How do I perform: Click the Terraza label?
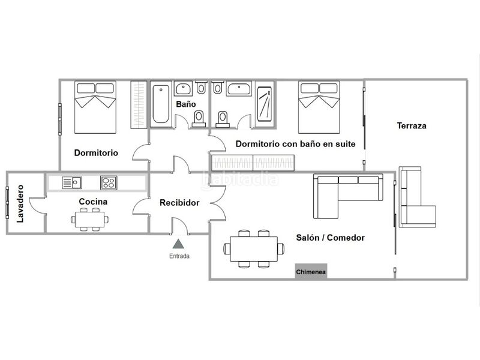pyautogui.click(x=412, y=125)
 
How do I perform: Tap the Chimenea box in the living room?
pyautogui.click(x=311, y=271)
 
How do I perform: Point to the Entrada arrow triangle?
pyautogui.click(x=178, y=244)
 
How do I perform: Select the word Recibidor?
pyautogui.click(x=179, y=203)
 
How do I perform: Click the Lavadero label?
pyautogui.click(x=20, y=203)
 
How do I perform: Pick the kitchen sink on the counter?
pyautogui.click(x=72, y=183)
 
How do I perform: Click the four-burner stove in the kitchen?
pyautogui.click(x=109, y=183)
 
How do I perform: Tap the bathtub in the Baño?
pyautogui.click(x=161, y=104)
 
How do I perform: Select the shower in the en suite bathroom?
pyautogui.click(x=265, y=104)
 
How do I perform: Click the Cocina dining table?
pyautogui.click(x=89, y=220)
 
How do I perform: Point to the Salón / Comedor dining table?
pyautogui.click(x=254, y=248)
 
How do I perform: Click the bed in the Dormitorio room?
pyautogui.click(x=95, y=107)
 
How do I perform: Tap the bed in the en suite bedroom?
pyautogui.click(x=319, y=107)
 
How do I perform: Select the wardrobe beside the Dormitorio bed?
pyautogui.click(x=139, y=104)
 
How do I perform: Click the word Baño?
pyautogui.click(x=186, y=104)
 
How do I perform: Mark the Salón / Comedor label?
pyautogui.click(x=331, y=238)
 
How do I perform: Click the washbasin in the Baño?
pyautogui.click(x=184, y=88)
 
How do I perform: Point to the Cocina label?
pyautogui.click(x=93, y=202)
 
